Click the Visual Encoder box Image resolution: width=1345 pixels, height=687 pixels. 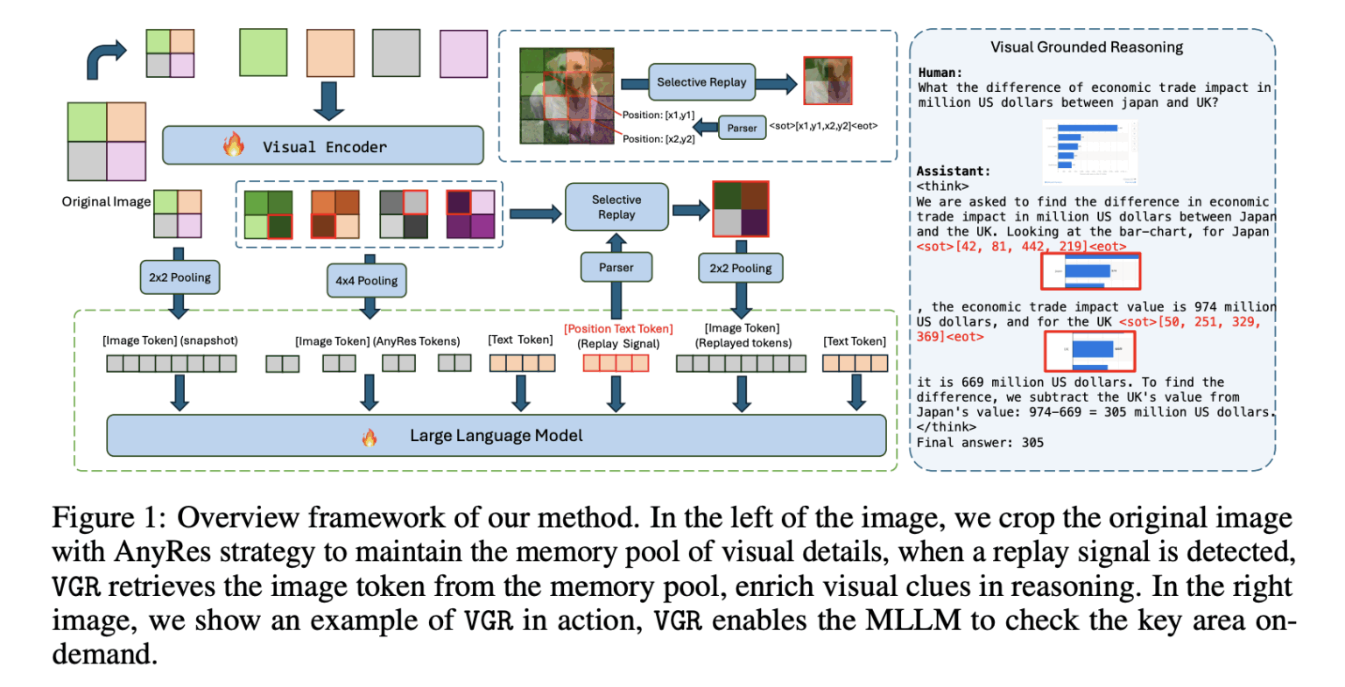[322, 146]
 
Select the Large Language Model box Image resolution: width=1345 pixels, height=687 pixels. [496, 436]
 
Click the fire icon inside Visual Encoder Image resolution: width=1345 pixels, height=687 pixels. [233, 145]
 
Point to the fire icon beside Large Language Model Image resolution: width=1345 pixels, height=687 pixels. [370, 437]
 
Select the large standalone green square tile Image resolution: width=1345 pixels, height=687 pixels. [263, 53]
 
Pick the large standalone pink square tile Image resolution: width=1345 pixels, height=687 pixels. [463, 53]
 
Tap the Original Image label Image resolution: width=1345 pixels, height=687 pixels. [106, 201]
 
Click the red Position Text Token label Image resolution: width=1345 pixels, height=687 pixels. [618, 329]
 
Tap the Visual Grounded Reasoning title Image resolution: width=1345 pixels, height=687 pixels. [1086, 47]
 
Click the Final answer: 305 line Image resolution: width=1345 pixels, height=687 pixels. [980, 443]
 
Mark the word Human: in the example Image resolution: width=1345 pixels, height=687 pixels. [940, 73]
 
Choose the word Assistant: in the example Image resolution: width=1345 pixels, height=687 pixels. [954, 172]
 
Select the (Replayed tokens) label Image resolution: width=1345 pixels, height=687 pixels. [743, 343]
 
